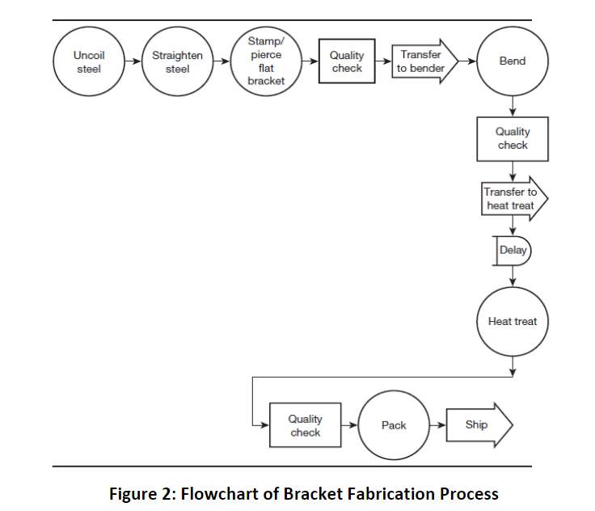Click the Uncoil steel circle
[89, 62]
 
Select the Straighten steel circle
[178, 62]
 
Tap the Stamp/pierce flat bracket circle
[266, 62]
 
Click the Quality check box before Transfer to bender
[347, 62]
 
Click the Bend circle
[513, 62]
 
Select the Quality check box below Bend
[513, 138]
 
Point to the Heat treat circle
[513, 321]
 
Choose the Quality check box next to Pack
[305, 425]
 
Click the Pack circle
[394, 425]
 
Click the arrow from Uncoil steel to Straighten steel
[133, 62]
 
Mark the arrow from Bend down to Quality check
[513, 107]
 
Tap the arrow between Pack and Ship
[437, 425]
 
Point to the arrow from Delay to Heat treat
[513, 276]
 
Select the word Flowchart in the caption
[213, 493]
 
